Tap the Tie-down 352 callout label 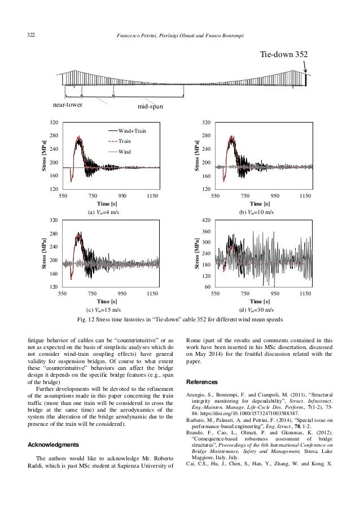pos(283,55)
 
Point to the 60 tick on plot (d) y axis pos(208,287)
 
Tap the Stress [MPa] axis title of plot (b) pos(197,155)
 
